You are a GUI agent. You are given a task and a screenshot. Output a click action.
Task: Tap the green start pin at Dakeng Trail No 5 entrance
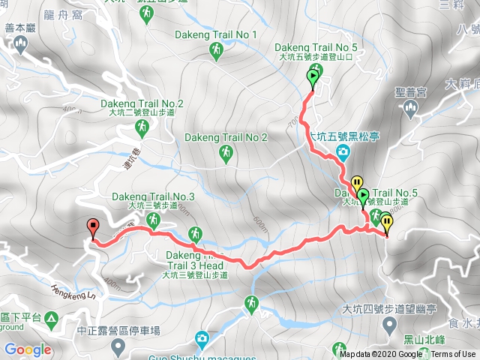313,76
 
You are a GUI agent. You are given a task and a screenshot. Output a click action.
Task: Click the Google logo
28,349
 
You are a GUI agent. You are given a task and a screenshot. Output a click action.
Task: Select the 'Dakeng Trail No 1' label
216,34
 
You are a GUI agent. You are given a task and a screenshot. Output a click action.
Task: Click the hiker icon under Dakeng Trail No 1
216,50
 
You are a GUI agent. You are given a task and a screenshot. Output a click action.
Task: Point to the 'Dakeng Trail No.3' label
154,197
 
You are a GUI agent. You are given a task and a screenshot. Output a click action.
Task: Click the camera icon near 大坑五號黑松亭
343,154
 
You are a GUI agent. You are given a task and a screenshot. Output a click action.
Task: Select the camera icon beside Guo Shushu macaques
202,339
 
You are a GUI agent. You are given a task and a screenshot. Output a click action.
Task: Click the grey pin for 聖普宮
410,109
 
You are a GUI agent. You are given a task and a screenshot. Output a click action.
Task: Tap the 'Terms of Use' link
453,355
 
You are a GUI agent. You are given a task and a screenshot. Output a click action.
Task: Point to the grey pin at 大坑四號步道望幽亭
389,325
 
